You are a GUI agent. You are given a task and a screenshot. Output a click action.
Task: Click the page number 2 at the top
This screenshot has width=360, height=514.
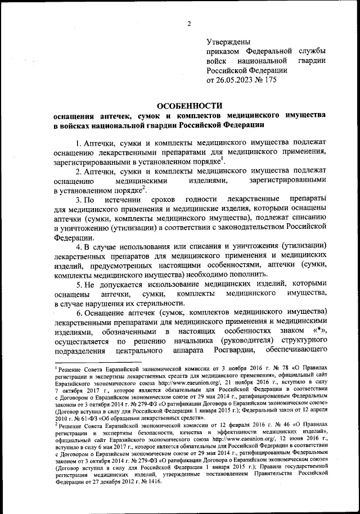coord(190,24)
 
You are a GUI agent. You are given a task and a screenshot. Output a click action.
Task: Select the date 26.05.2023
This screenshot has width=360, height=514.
coord(237,80)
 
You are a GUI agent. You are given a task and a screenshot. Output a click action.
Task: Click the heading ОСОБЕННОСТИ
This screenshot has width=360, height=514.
coord(189,106)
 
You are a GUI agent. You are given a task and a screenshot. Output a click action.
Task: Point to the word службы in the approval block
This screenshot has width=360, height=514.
coord(312,51)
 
